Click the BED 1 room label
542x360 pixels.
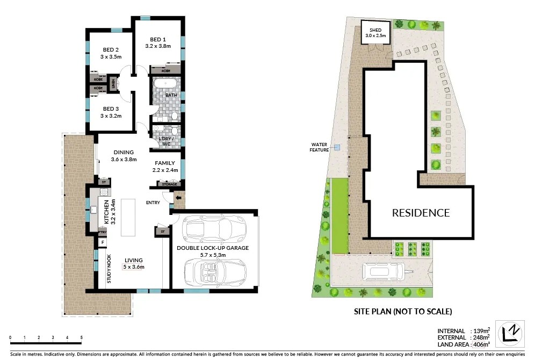pos(158,39)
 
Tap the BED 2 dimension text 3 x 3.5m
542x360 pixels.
pos(111,57)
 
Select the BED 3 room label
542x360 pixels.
pos(111,109)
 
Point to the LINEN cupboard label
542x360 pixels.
pos(113,84)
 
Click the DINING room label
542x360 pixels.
pos(124,152)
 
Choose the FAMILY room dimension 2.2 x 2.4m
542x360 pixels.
pos(165,170)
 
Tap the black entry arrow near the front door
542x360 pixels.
pos(178,198)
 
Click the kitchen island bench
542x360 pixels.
pos(128,217)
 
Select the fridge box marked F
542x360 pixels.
pos(103,242)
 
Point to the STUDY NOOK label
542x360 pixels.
pos(109,269)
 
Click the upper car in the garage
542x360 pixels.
pos(214,229)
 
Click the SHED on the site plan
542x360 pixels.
pos(375,32)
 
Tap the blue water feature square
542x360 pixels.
pos(337,148)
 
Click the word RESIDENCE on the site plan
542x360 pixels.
pos(421,213)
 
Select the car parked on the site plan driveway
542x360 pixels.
pos(383,271)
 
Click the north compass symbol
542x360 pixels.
pos(510,334)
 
